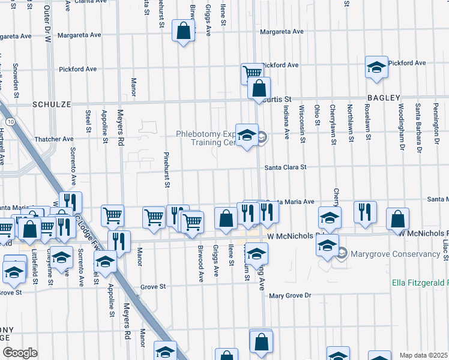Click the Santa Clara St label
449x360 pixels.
coord(285,167)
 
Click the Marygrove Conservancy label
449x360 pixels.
coord(395,254)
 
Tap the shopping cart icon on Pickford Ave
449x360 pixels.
coord(252,73)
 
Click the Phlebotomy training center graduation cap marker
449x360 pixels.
coord(247,135)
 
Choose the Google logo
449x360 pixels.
coord(19,353)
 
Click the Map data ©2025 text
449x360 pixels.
coord(423,355)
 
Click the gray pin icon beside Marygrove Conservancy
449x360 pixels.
coord(342,254)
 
